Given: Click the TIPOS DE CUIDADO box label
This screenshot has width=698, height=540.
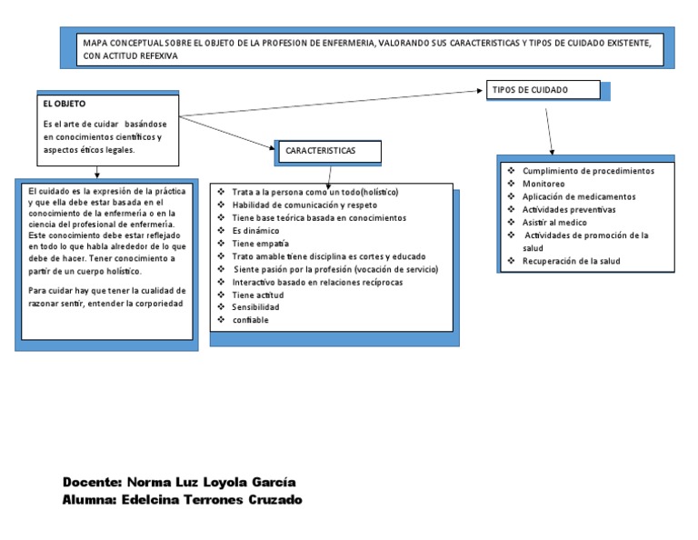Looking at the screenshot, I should pyautogui.click(x=530, y=91).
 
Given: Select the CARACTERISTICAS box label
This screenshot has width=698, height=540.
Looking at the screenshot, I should pyautogui.click(x=320, y=151).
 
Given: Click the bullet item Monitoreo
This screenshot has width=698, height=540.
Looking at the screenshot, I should pyautogui.click(x=543, y=184).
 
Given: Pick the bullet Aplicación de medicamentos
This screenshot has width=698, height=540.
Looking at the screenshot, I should pyautogui.click(x=579, y=196).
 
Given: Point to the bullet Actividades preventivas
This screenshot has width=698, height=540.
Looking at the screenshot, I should pyautogui.click(x=569, y=209).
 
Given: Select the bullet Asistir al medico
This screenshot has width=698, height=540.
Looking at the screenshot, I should pyautogui.click(x=554, y=222).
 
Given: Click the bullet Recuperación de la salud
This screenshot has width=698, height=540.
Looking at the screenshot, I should pyautogui.click(x=572, y=261).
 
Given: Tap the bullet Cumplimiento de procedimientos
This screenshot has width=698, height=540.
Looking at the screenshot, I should pyautogui.click(x=588, y=171).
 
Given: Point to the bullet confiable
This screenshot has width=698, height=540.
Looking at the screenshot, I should pyautogui.click(x=251, y=320).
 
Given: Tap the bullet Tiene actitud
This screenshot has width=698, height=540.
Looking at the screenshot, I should pyautogui.click(x=258, y=295).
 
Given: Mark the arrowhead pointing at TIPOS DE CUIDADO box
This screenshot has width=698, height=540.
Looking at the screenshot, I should pyautogui.click(x=482, y=91).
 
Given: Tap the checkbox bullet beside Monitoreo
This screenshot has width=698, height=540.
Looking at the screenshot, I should pyautogui.click(x=511, y=184).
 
